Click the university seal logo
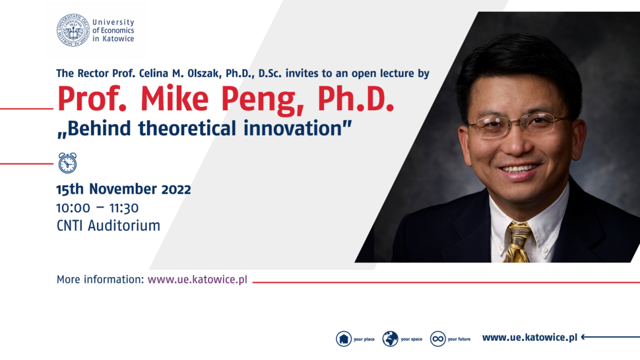pyautogui.click(x=73, y=30)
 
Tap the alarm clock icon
pyautogui.click(x=67, y=163)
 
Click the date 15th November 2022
pyautogui.click(x=123, y=189)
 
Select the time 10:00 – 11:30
pyautogui.click(x=98, y=208)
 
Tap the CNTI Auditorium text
pyautogui.click(x=108, y=225)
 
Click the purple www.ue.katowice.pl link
pyautogui.click(x=197, y=280)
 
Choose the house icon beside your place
pyautogui.click(x=344, y=339)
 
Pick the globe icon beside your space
pyautogui.click(x=390, y=339)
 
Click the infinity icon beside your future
pyautogui.click(x=438, y=339)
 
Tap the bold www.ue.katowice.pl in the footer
pyautogui.click(x=530, y=338)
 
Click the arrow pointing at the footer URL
pyautogui.click(x=610, y=337)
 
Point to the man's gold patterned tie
pyautogui.click(x=518, y=242)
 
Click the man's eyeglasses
pyautogui.click(x=519, y=125)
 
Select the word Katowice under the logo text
pyautogui.click(x=118, y=39)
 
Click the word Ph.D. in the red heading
pyautogui.click(x=356, y=99)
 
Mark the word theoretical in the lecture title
pyautogui.click(x=187, y=128)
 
